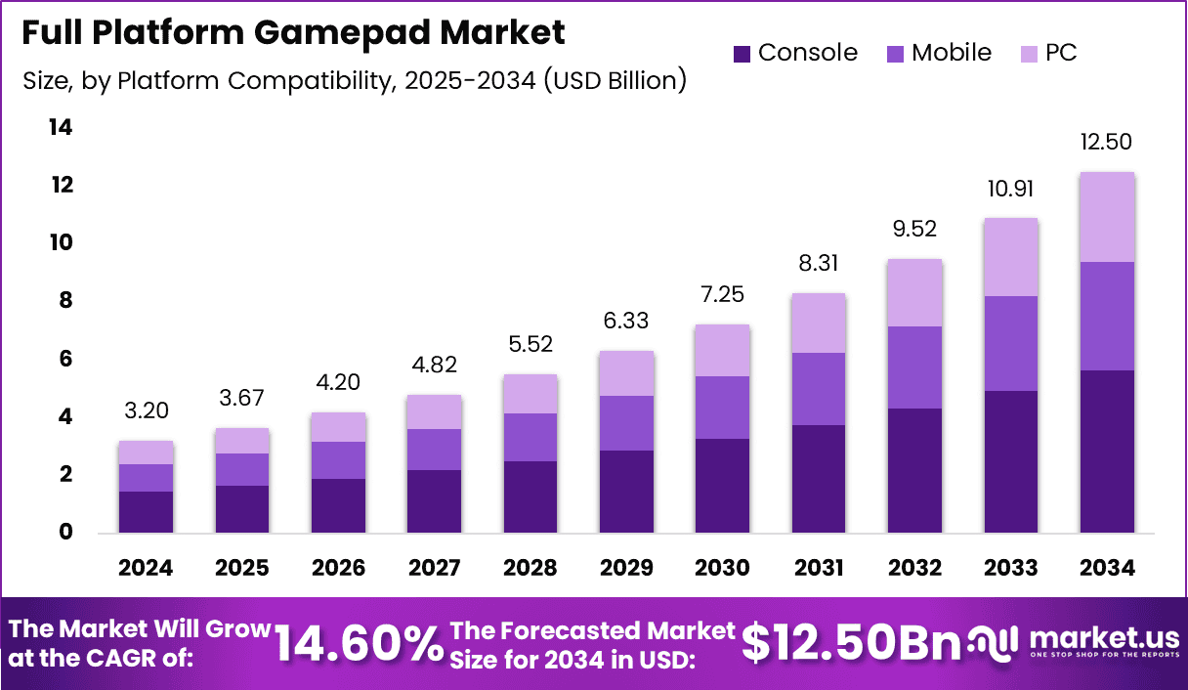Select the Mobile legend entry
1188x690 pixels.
click(939, 53)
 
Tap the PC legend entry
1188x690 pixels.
click(1048, 53)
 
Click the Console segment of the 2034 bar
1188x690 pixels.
click(1106, 451)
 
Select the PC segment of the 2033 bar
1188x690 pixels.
click(1011, 257)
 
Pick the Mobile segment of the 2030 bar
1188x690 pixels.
click(722, 408)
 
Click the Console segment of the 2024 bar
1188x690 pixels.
click(146, 511)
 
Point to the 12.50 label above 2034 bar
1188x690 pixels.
click(1106, 142)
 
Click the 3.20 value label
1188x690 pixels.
click(146, 410)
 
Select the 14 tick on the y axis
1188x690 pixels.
click(61, 128)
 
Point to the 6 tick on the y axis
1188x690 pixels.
click(65, 360)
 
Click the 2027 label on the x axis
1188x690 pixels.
click(434, 568)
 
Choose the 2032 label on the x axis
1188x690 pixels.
click(914, 568)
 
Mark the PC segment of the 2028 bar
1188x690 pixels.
click(530, 394)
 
